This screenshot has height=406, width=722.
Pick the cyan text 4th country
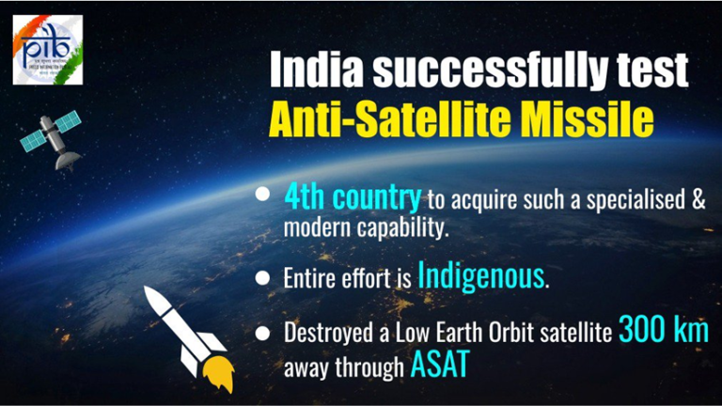(x=352, y=198)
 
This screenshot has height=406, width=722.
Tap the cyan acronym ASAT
(x=437, y=365)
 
